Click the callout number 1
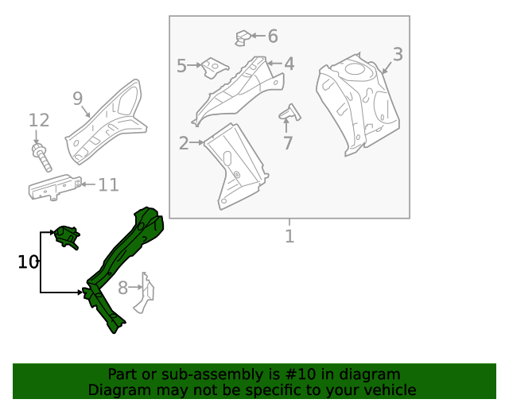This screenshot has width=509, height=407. click(289, 236)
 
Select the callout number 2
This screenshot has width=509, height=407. click(184, 144)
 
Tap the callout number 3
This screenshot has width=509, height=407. click(398, 55)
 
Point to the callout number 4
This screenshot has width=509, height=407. click(289, 64)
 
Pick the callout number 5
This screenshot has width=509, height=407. click(181, 66)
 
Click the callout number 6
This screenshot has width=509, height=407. click(273, 36)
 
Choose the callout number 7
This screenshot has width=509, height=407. click(288, 144)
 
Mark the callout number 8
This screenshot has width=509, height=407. click(122, 288)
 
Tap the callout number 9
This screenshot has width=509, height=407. click(77, 99)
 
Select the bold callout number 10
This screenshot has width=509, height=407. click(28, 262)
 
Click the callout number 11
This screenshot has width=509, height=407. click(108, 185)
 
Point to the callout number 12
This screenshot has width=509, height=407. click(39, 121)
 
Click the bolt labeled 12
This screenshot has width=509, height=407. click(41, 157)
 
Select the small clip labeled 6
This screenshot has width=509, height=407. click(243, 37)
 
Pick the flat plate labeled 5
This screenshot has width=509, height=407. click(213, 68)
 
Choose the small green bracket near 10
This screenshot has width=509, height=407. click(67, 236)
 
